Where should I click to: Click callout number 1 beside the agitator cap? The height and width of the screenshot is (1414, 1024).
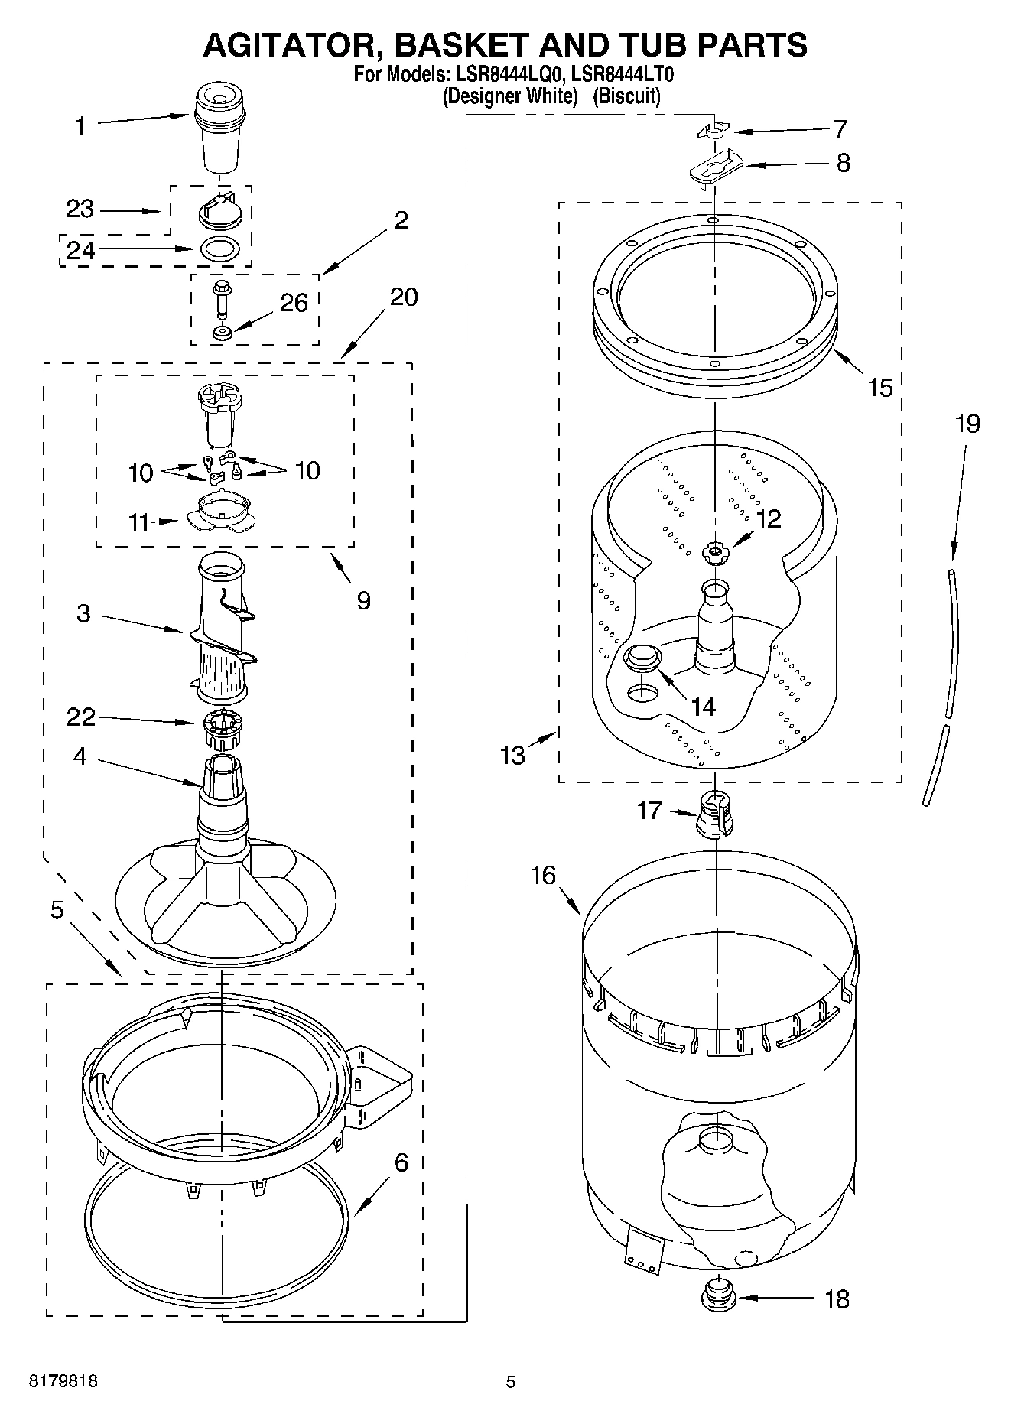click(81, 127)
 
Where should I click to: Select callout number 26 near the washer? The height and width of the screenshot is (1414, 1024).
click(294, 304)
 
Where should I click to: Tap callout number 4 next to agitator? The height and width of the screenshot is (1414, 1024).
click(80, 757)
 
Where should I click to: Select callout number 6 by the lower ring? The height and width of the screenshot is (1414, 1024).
click(401, 1163)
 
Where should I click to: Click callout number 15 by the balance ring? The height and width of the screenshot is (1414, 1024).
click(880, 388)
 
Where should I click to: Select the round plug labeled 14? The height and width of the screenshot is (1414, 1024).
click(642, 656)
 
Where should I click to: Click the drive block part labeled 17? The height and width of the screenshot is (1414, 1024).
click(714, 814)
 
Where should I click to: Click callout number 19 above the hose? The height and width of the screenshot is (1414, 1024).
click(967, 424)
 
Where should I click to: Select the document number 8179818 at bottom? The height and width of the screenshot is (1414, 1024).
click(63, 1382)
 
